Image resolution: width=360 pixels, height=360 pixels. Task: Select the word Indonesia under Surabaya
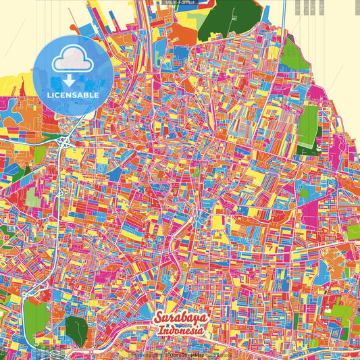pyautogui.click(x=182, y=332)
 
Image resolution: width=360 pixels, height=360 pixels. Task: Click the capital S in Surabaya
pyautogui.click(x=159, y=318)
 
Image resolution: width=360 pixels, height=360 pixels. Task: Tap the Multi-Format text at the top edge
pyautogui.click(x=179, y=3)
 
